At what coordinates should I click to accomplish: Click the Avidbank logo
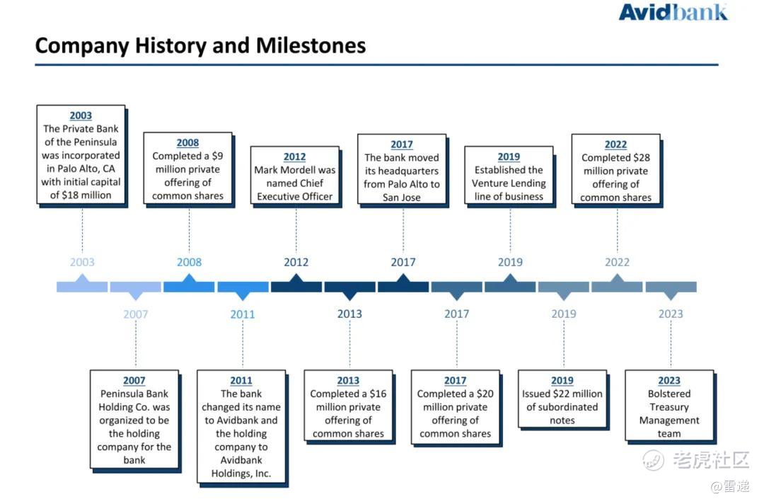coord(673,12)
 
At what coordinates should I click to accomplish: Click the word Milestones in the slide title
coord(311,46)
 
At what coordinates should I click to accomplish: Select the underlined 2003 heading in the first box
coord(81,115)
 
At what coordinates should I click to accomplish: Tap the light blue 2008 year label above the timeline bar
coord(189,262)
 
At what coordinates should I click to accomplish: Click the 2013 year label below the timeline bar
coord(349,314)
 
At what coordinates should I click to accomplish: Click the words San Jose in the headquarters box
coord(402,197)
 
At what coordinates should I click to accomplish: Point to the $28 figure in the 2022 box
coord(641,157)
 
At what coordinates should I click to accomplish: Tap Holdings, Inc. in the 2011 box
coord(241,474)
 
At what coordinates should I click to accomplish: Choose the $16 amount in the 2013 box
coord(378,394)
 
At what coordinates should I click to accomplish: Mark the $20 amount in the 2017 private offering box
coord(485,394)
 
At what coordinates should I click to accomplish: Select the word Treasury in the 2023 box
coord(669,407)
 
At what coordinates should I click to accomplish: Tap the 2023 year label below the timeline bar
coord(671,314)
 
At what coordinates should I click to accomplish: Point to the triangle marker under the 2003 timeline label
coord(82,278)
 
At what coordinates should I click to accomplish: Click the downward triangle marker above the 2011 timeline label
coord(243,295)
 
